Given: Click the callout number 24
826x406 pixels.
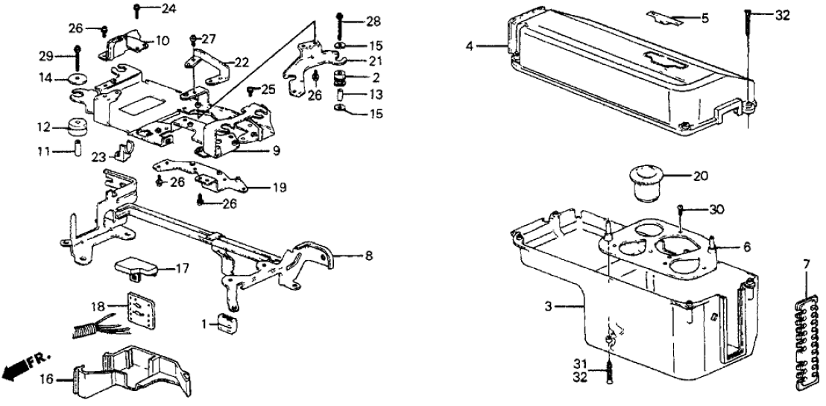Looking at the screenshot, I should tap(169, 10).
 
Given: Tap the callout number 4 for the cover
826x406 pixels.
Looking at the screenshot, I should tap(470, 47).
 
